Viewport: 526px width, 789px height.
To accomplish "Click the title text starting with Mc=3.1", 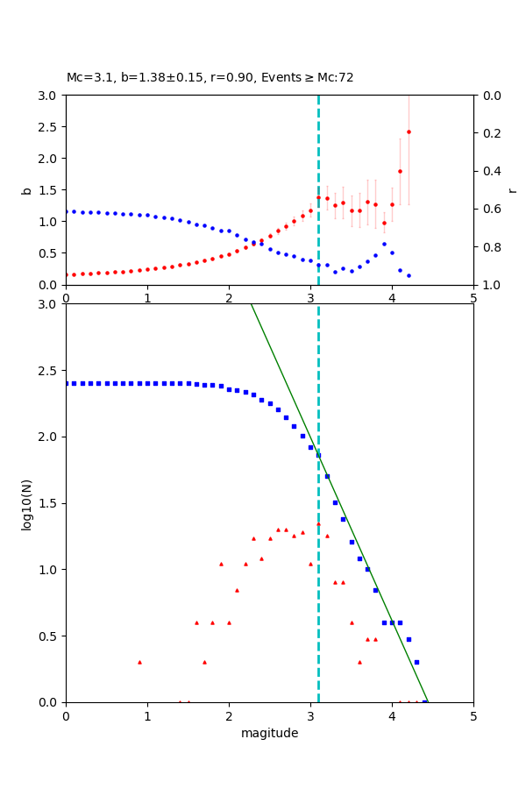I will pos(210,78).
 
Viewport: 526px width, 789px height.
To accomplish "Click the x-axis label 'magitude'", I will pos(269,733).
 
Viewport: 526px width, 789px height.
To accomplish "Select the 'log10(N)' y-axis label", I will pos(26,503).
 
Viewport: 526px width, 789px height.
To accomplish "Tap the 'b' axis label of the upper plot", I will pos(26,190).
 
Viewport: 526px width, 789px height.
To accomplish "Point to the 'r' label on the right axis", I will pos(512,190).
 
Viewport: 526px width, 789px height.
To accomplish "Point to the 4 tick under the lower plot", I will pos(392,715).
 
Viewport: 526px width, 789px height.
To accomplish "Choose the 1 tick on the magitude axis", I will pos(147,715).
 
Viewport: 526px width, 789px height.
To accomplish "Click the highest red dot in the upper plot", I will pos(409,132).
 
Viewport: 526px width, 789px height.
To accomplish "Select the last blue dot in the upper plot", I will pos(409,275).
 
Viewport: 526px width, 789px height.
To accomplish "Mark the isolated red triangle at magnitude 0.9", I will pos(139,662).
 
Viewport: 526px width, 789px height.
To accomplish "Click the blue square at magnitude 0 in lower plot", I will pos(67,383).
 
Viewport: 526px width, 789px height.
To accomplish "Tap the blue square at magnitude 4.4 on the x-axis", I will pos(424,701).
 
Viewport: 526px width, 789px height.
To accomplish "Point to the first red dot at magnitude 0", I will pos(67,274).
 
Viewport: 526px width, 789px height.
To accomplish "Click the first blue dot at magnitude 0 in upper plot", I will pos(67,211).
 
